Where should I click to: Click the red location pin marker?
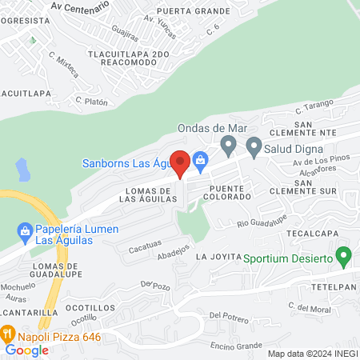pyautogui.click(x=181, y=163)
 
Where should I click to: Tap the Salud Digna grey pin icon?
pyautogui.click(x=254, y=147)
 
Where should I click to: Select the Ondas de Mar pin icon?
pyautogui.click(x=228, y=146)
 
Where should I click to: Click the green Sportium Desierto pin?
pyautogui.click(x=345, y=258)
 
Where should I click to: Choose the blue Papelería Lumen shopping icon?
pyautogui.click(x=24, y=232)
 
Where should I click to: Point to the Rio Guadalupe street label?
pyautogui.click(x=262, y=220)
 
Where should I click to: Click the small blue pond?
pyautogui.click(x=22, y=169)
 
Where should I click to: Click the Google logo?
pyautogui.click(x=26, y=350)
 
